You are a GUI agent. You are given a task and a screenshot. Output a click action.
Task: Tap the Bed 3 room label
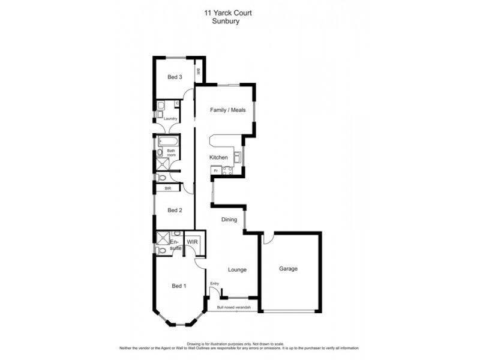point(175,77)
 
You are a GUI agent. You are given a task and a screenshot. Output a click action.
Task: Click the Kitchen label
point(218,157)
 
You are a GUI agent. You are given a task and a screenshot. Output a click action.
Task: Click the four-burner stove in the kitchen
point(227,172)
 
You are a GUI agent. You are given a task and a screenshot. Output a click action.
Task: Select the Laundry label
point(170,118)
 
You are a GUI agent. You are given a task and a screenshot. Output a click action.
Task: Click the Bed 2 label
point(175,210)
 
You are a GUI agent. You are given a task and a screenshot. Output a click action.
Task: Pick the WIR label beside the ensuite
point(193,242)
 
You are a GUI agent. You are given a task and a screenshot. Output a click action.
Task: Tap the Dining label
point(229,220)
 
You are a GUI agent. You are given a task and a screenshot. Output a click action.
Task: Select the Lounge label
point(237,269)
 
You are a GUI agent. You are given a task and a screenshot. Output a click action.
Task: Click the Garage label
point(288,269)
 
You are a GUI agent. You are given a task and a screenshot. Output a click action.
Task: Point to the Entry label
point(214,283)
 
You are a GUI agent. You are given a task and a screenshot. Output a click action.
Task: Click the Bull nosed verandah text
point(237,308)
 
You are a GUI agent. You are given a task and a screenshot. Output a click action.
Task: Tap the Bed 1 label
point(179,286)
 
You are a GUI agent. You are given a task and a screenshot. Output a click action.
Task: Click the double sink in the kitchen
point(238,158)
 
